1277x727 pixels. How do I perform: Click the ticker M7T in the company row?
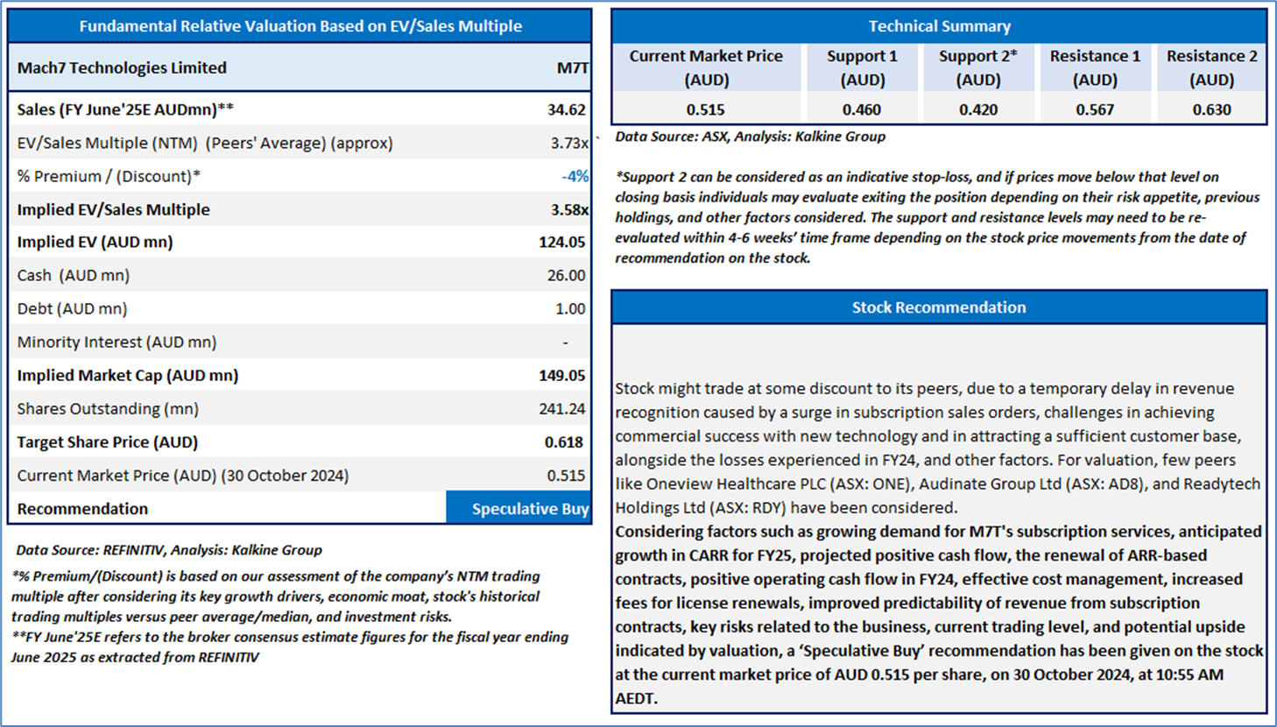tap(572, 67)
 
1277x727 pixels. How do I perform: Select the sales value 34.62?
tap(567, 109)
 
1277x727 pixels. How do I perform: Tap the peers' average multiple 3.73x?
tap(569, 143)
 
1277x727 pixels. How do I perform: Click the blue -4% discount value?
tap(575, 176)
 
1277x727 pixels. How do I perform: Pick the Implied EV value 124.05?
tap(562, 243)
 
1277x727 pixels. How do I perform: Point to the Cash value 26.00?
tap(566, 275)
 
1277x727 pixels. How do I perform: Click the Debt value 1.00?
tap(570, 309)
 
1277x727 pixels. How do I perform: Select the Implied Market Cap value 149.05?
tap(562, 376)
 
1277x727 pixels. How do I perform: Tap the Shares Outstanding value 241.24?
tap(562, 409)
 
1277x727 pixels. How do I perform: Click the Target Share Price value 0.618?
tap(564, 442)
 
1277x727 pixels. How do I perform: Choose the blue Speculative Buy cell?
tap(519, 507)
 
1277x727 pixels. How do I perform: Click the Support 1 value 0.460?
tap(862, 109)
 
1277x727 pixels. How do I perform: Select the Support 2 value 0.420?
tap(978, 109)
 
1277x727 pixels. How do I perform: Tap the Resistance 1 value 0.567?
tap(1095, 109)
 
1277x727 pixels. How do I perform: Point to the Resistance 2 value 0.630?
tap(1212, 109)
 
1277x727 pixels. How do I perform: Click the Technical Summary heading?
tap(940, 26)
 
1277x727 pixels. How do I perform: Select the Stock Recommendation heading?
tap(939, 308)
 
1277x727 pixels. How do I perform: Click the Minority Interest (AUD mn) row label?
tap(116, 342)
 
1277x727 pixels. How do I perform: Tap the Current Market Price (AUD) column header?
tap(706, 67)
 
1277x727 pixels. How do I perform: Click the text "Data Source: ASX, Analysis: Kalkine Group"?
tap(751, 137)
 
